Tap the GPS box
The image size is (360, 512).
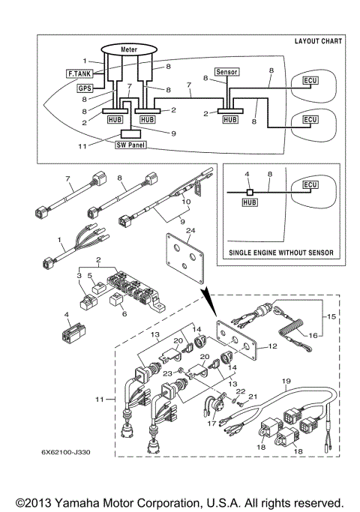[85, 88]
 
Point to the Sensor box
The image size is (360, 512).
[226, 72]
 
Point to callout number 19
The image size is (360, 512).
[286, 381]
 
